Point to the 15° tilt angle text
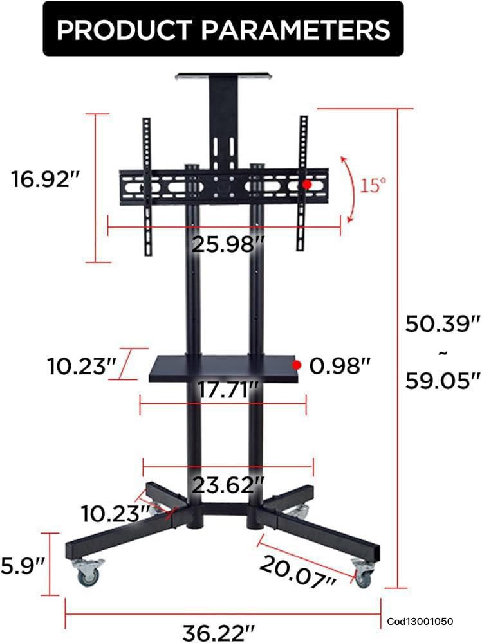pyautogui.click(x=373, y=186)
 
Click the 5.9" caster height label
pyautogui.click(x=23, y=565)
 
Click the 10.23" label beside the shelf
pyautogui.click(x=81, y=366)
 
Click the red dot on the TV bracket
pyautogui.click(x=307, y=185)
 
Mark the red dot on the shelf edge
pyautogui.click(x=297, y=365)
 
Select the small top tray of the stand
pyautogui.click(x=223, y=77)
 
